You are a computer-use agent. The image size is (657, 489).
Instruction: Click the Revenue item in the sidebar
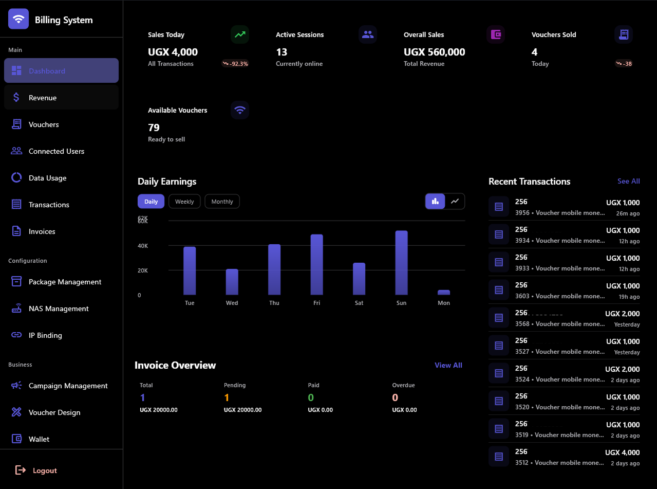pyautogui.click(x=43, y=98)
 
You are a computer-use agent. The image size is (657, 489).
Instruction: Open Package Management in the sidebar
pyautogui.click(x=65, y=282)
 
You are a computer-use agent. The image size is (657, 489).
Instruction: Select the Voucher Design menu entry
pyautogui.click(x=54, y=412)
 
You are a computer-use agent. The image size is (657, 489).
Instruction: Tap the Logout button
pyautogui.click(x=44, y=470)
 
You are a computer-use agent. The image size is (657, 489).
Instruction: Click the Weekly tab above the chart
pyautogui.click(x=184, y=202)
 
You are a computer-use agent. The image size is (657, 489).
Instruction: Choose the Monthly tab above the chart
pyautogui.click(x=222, y=202)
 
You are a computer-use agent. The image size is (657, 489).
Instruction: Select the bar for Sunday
pyautogui.click(x=401, y=263)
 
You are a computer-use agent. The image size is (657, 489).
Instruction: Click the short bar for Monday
pyautogui.click(x=444, y=292)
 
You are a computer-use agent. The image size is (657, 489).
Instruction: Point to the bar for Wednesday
pyautogui.click(x=232, y=282)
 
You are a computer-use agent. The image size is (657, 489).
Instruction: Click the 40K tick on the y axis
pyautogui.click(x=143, y=246)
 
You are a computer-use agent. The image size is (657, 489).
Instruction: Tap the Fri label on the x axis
pyautogui.click(x=316, y=303)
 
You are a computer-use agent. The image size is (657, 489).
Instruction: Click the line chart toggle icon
pyautogui.click(x=455, y=201)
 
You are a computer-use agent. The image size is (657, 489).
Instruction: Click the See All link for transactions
pyautogui.click(x=628, y=181)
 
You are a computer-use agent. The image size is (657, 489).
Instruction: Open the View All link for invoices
pyautogui.click(x=448, y=365)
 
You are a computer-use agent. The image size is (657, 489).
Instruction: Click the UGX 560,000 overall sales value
pyautogui.click(x=434, y=52)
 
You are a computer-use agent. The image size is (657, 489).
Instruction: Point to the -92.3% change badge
pyautogui.click(x=235, y=64)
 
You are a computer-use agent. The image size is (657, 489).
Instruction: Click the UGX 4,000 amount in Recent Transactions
pyautogui.click(x=622, y=452)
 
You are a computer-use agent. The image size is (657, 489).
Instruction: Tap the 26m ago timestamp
pyautogui.click(x=628, y=213)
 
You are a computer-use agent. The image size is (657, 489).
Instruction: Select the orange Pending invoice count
pyautogui.click(x=227, y=397)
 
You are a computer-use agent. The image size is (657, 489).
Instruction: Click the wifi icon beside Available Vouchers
pyautogui.click(x=239, y=110)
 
